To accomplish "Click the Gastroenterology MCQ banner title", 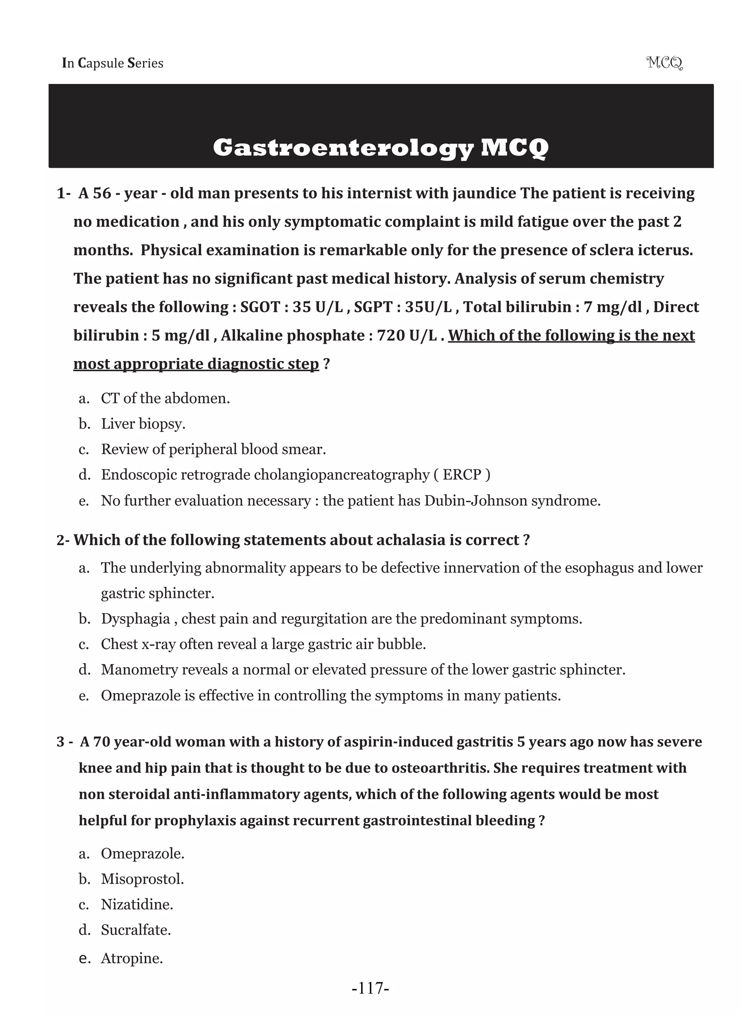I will point(380,148).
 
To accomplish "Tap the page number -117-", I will point(370,988).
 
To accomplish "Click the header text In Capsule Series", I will point(113,63).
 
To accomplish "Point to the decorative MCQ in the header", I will point(664,63).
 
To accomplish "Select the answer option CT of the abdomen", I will point(165,398).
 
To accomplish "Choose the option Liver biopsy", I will point(143,423).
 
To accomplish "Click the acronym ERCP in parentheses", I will point(462,474).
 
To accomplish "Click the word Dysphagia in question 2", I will point(135,619).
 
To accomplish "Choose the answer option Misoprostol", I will point(142,879).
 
